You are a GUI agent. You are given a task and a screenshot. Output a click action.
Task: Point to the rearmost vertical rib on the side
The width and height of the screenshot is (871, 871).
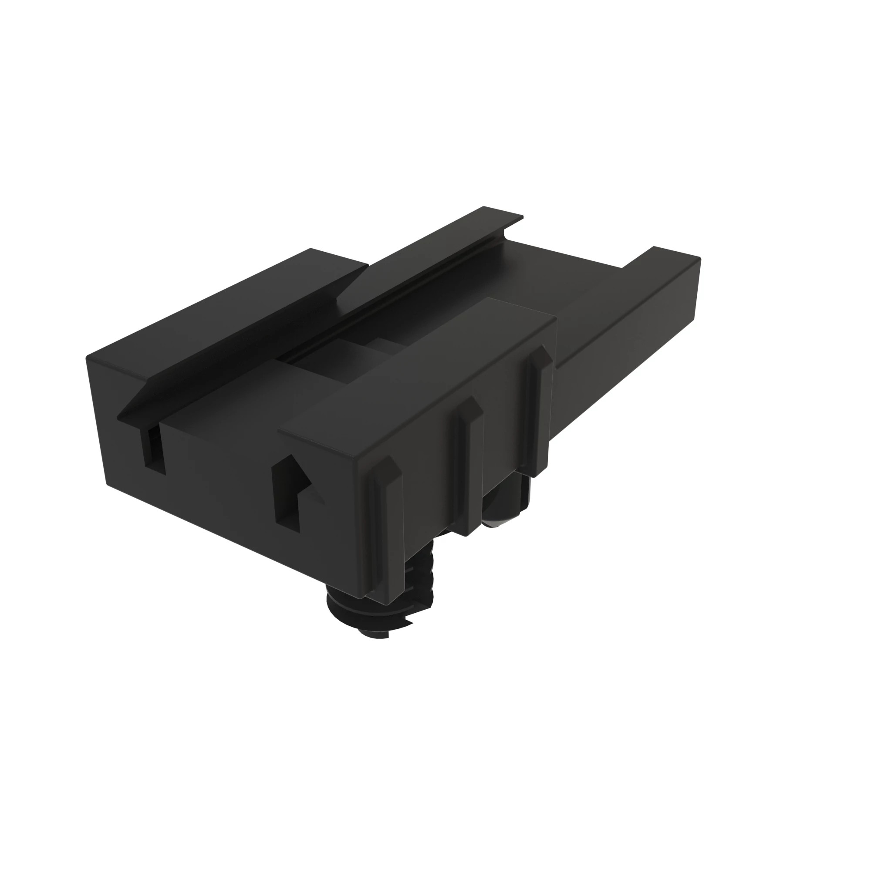(539, 406)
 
